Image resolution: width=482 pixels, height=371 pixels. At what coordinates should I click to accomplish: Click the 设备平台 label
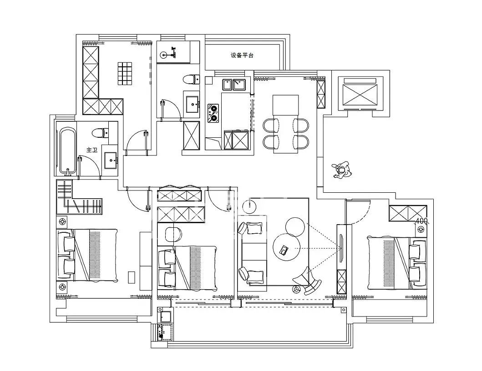242,55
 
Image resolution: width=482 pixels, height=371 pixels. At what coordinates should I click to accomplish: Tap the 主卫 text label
91,150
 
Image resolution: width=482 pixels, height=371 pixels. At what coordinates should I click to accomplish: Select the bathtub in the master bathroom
66,151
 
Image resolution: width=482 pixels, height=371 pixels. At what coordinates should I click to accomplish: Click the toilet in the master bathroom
100,133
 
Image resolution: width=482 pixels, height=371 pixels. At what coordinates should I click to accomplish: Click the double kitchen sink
233,85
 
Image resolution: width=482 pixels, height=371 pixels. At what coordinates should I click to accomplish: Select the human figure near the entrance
342,170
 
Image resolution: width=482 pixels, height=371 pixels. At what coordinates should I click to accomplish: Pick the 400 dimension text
421,221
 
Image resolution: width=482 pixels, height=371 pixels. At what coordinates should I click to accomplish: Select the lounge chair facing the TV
307,280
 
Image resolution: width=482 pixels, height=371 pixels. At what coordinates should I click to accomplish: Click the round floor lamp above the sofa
249,206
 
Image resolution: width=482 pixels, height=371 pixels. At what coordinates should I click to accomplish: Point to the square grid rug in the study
125,73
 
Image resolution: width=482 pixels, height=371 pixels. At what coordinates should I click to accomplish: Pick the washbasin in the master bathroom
110,160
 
